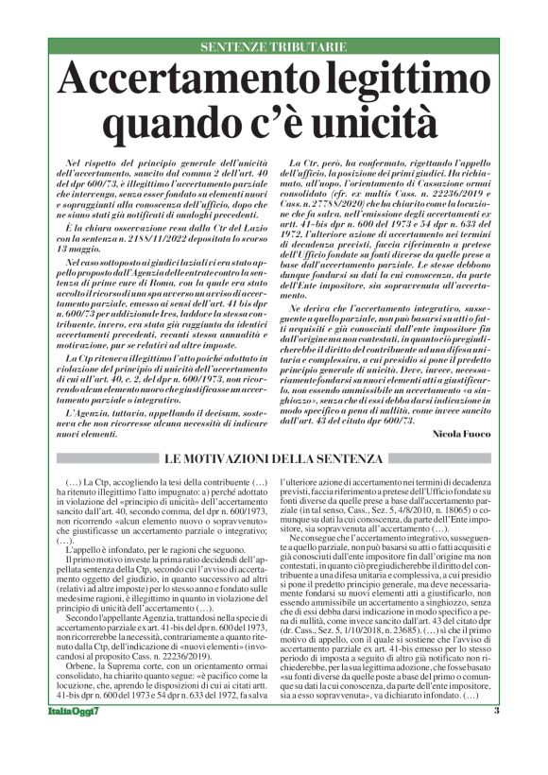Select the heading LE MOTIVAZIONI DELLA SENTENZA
point(273,458)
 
